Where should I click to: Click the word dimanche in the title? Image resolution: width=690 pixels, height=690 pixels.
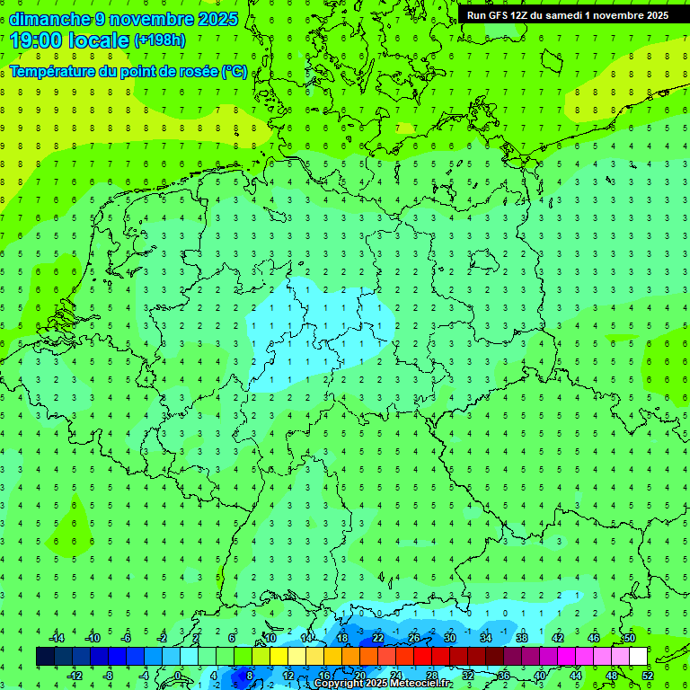[49, 19]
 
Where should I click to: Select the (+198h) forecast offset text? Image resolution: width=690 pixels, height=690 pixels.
[160, 40]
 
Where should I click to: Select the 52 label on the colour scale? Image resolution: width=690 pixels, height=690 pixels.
[647, 676]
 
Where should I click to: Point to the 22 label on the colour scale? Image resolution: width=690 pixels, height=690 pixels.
[377, 638]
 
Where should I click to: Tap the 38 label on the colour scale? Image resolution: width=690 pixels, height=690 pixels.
[521, 638]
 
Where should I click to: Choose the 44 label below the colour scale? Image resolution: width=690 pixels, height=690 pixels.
[575, 676]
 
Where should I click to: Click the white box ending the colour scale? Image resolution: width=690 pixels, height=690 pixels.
[638, 657]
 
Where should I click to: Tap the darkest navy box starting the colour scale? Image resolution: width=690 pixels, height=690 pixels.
[45, 657]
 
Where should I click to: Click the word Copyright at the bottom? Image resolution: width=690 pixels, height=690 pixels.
[339, 684]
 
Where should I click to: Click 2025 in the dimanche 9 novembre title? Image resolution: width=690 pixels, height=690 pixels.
[218, 19]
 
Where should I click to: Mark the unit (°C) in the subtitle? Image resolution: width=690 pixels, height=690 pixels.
[234, 71]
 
